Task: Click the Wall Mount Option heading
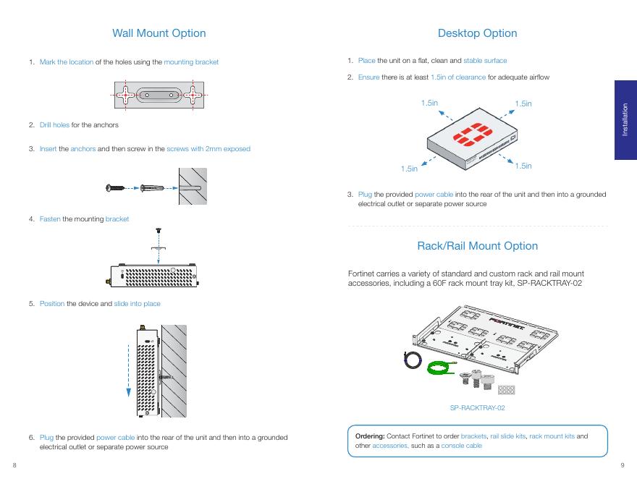159,33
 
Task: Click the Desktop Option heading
477,33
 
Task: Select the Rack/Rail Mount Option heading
477,246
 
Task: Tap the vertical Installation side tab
625,119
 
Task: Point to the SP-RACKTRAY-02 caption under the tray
477,408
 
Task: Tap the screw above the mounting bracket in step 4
159,231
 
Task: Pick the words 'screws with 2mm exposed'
208,149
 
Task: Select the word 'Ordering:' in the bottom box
370,436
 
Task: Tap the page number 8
14,465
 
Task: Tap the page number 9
622,465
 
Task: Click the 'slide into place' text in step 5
137,304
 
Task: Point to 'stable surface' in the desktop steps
485,61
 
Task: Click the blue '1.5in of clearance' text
457,77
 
